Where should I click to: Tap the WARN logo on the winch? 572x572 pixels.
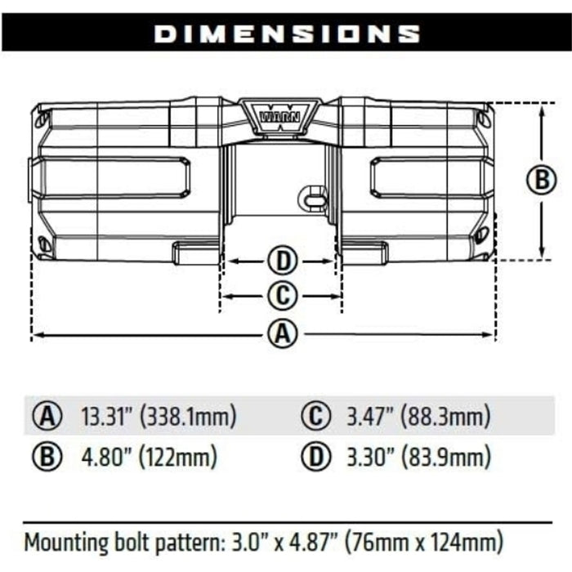(280, 114)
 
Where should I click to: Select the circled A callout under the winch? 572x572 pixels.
(281, 334)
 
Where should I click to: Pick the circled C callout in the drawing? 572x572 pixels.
(281, 295)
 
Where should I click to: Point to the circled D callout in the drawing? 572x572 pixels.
(281, 261)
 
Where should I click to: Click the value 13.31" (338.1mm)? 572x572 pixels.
(159, 417)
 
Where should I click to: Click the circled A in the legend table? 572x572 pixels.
(48, 417)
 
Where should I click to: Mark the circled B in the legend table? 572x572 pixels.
(48, 456)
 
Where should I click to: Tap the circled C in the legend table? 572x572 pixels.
(314, 417)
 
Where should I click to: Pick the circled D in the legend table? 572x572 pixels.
(314, 456)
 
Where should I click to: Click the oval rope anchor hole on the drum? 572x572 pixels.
(312, 196)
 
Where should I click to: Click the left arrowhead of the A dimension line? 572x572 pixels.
(35, 334)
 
